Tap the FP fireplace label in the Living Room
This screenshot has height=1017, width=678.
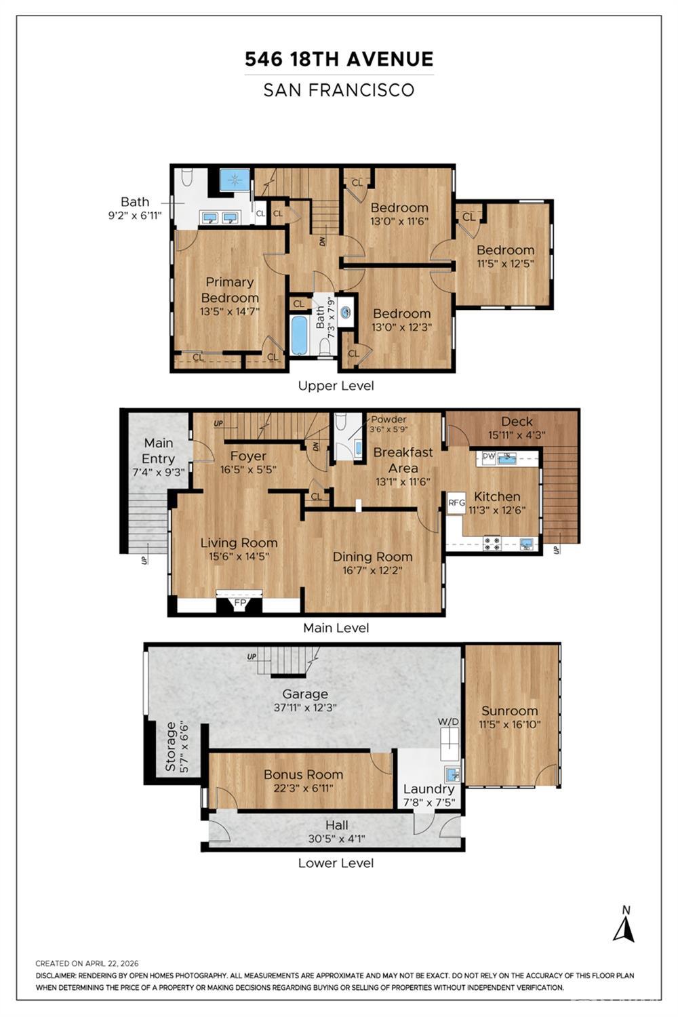tap(240, 603)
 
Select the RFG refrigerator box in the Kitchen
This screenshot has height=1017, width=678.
tap(456, 503)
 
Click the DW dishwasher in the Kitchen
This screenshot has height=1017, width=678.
tap(488, 456)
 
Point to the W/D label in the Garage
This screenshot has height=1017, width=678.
tap(448, 721)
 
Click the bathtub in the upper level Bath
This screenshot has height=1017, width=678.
tap(299, 336)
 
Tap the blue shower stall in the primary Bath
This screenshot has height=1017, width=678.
tap(235, 180)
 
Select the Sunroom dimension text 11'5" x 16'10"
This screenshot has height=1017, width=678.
tap(510, 724)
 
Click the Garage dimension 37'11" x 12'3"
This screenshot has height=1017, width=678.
tap(305, 707)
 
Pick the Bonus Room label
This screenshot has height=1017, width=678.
tap(303, 774)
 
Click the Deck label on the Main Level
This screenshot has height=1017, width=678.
tap(517, 421)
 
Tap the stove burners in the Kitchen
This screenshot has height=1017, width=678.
tap(492, 544)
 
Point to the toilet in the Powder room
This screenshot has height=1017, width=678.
tap(341, 422)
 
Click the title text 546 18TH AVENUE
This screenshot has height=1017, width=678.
tap(339, 59)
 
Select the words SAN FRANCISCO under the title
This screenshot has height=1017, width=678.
tap(339, 90)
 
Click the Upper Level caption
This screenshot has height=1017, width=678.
tap(336, 386)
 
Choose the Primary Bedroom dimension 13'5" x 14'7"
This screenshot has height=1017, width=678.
tap(230, 311)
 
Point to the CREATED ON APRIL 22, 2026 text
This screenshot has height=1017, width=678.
tap(87, 963)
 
